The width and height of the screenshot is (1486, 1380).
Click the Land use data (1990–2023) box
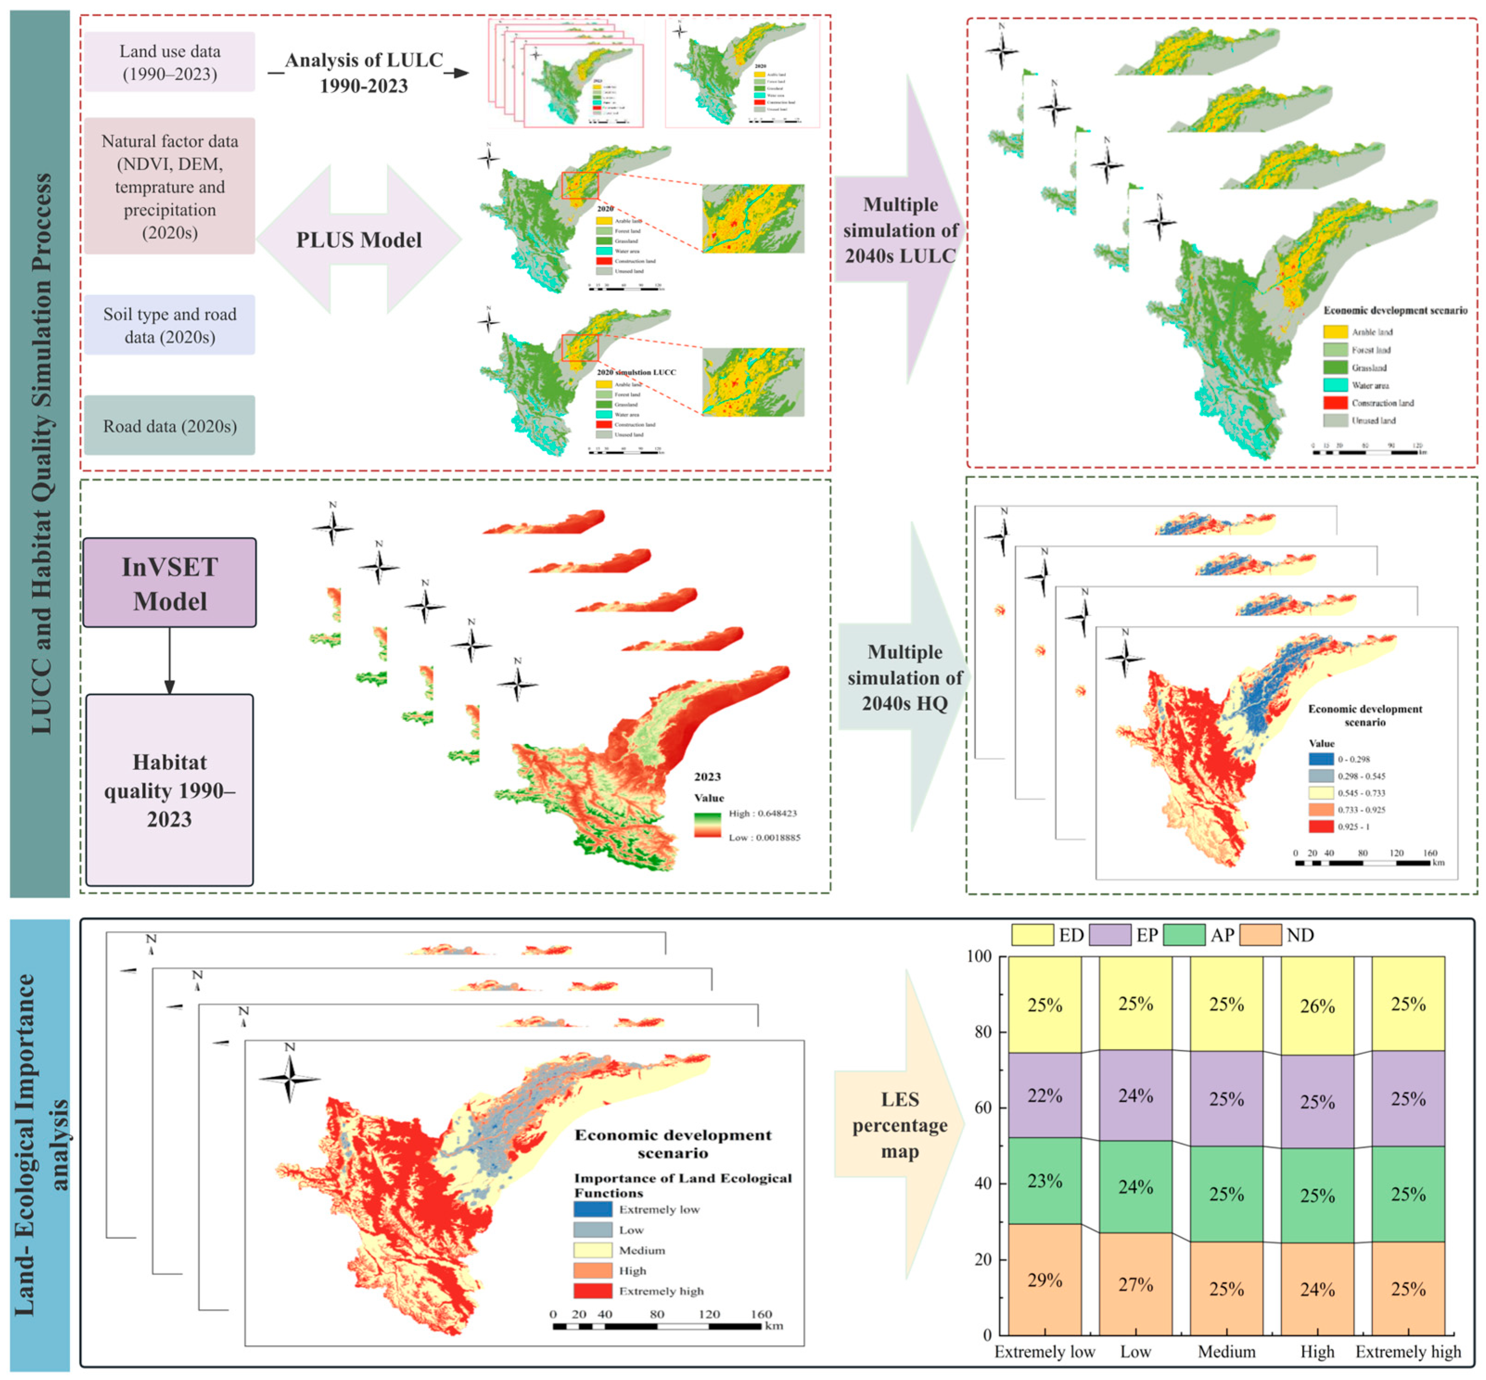click(x=170, y=62)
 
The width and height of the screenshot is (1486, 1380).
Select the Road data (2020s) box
click(x=170, y=426)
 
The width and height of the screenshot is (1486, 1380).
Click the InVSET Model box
click(x=170, y=583)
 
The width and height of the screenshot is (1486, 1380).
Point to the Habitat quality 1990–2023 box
click(x=170, y=790)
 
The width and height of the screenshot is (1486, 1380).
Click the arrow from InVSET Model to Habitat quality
click(x=170, y=661)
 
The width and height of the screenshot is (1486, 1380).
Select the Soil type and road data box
click(x=170, y=325)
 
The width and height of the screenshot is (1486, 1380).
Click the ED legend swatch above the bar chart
click(x=1032, y=935)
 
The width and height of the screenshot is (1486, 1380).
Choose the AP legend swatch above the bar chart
click(x=1184, y=935)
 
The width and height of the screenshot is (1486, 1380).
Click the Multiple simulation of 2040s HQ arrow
click(x=904, y=677)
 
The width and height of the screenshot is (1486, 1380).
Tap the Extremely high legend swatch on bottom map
click(x=593, y=1291)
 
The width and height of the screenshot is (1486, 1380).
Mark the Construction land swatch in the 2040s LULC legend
click(x=1335, y=402)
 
